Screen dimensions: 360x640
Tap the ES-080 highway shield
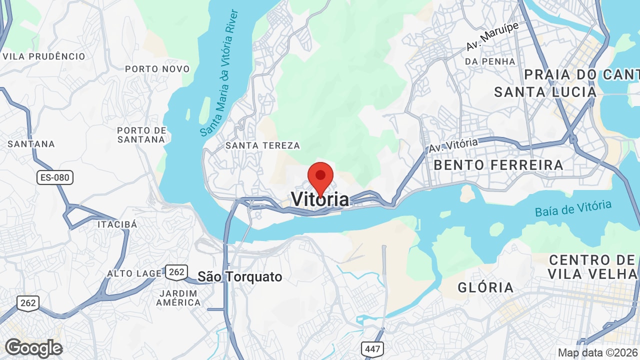[55, 177]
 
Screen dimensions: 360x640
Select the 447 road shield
[372, 348]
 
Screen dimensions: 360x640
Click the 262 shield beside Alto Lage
[176, 272]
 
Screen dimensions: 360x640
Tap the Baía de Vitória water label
[573, 208]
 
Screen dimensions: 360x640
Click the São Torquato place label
[240, 276]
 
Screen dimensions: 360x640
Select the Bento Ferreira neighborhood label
[498, 165]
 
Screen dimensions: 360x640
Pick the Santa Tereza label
[262, 145]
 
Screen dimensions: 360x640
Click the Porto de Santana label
[141, 135]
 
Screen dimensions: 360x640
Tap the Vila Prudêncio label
[44, 56]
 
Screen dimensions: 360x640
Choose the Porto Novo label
[157, 69]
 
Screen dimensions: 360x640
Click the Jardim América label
[178, 297]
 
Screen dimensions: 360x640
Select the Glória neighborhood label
[485, 287]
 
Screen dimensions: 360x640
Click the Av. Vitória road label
[453, 145]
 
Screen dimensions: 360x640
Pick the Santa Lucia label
[545, 92]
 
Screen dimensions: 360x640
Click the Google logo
[33, 348]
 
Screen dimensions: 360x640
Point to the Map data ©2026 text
[598, 352]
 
